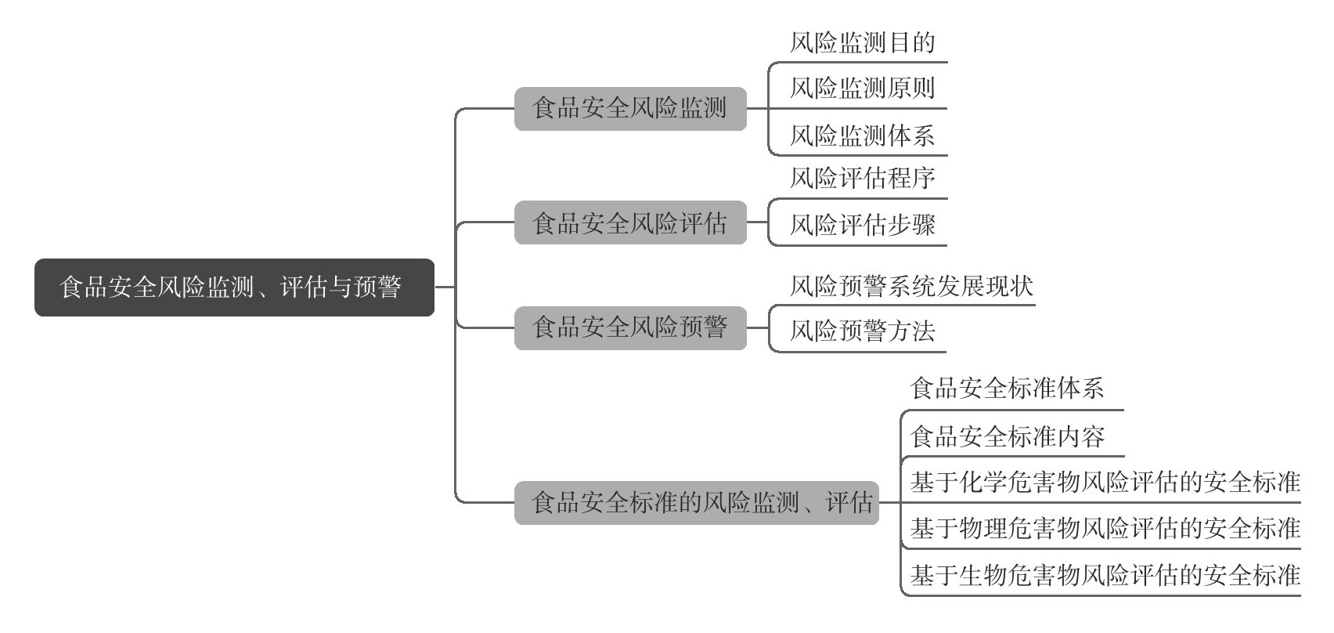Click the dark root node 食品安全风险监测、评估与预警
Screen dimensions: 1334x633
pyautogui.click(x=234, y=288)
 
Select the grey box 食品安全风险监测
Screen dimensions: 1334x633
pyautogui.click(x=630, y=108)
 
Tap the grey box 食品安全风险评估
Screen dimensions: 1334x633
pyautogui.click(x=630, y=222)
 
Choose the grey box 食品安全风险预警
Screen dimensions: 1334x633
pyautogui.click(x=630, y=327)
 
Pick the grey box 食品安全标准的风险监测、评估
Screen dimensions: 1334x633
pyautogui.click(x=696, y=503)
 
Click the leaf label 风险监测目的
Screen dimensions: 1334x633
pyautogui.click(x=863, y=43)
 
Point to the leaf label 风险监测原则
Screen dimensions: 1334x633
pyautogui.click(x=863, y=89)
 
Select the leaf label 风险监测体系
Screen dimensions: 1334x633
pyautogui.click(x=863, y=136)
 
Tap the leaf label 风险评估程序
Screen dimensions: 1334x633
pyautogui.click(x=863, y=178)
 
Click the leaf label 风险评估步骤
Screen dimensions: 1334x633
pyautogui.click(x=863, y=225)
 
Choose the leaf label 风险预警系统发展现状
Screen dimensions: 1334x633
pyautogui.click(x=911, y=286)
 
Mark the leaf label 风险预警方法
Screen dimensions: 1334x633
pyautogui.click(x=863, y=331)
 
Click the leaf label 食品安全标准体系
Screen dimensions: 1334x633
pyautogui.click(x=1007, y=388)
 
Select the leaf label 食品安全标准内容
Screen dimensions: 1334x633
pyautogui.click(x=1007, y=436)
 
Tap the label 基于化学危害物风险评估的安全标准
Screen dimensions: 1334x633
pyautogui.click(x=1105, y=482)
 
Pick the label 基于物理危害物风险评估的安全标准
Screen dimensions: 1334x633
pyautogui.click(x=1105, y=528)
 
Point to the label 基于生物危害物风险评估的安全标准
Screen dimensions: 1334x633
pyautogui.click(x=1105, y=575)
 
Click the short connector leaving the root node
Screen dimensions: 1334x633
pyautogui.click(x=445, y=288)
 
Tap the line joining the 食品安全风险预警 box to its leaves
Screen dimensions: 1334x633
pyautogui.click(x=758, y=327)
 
